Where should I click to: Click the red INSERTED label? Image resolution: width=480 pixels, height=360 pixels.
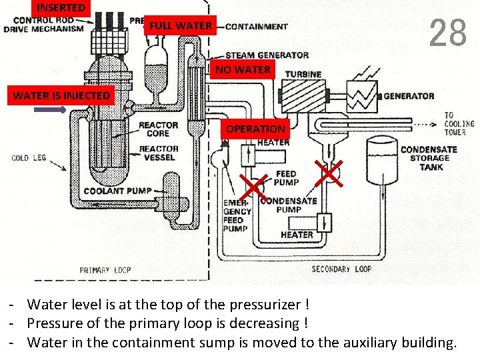point(61,8)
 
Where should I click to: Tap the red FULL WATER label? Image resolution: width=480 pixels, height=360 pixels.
point(181,26)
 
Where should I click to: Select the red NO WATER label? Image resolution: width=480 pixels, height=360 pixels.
point(243,69)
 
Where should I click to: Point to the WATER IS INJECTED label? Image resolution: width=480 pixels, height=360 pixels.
point(61,95)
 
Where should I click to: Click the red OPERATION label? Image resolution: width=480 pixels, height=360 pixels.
point(255,129)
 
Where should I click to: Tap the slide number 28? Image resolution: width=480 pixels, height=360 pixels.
point(448,33)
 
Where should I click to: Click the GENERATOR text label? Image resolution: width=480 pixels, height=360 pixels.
point(409,96)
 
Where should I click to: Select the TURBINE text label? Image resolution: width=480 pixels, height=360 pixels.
point(303,74)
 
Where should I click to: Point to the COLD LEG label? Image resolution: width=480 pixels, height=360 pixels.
point(29,158)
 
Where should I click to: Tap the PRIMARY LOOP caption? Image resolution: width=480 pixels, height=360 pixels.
point(105,270)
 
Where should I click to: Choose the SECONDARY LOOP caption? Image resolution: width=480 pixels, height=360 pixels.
point(341,269)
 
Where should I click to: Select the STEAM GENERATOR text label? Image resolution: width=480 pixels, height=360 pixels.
point(267,55)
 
